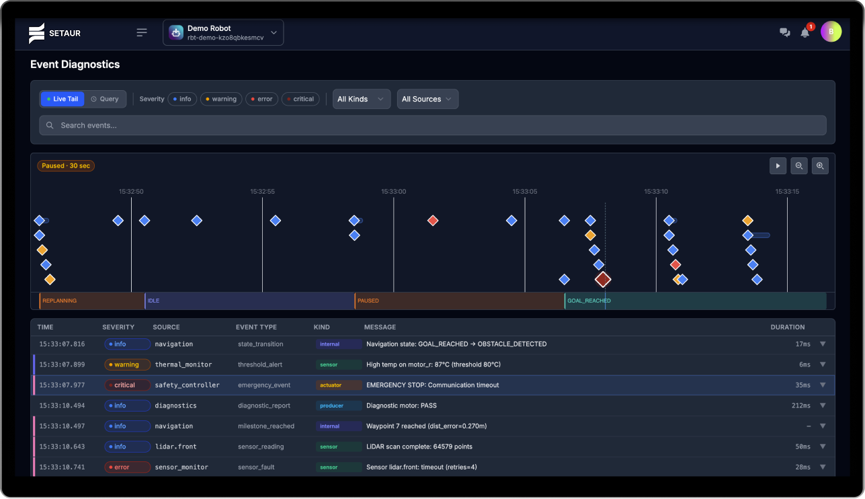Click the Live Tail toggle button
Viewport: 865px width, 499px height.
click(x=63, y=99)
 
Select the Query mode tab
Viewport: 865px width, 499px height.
click(x=105, y=99)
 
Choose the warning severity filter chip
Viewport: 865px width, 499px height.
click(x=221, y=99)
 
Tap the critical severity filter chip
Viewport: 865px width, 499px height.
click(x=300, y=99)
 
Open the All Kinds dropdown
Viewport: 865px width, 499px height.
click(x=362, y=99)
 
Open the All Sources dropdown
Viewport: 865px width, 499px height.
click(x=427, y=99)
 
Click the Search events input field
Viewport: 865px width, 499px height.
click(x=433, y=125)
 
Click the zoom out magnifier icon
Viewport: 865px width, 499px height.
click(x=799, y=166)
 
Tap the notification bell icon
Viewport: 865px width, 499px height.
click(x=805, y=33)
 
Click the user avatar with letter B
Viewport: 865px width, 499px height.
click(x=831, y=32)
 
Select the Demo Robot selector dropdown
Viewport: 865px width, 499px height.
click(x=223, y=33)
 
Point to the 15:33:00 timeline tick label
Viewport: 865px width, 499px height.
click(x=393, y=192)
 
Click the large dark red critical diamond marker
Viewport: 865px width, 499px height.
click(x=603, y=280)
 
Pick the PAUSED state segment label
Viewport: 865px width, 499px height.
click(x=368, y=301)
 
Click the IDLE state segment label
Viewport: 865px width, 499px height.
click(x=153, y=301)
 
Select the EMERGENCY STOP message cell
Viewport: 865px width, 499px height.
click(x=433, y=385)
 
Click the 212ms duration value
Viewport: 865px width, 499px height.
click(x=801, y=406)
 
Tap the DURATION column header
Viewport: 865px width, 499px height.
click(x=788, y=327)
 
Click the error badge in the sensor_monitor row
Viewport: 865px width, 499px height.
click(x=128, y=467)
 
